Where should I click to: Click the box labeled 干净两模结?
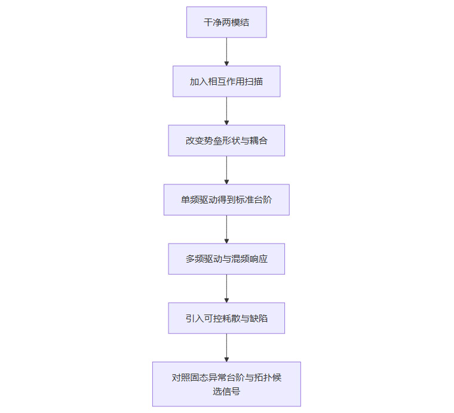click(x=226, y=22)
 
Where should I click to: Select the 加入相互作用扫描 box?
click(x=226, y=81)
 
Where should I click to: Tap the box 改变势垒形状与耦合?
click(x=226, y=140)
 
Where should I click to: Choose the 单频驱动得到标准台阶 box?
click(x=226, y=199)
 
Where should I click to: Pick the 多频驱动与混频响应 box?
click(x=226, y=258)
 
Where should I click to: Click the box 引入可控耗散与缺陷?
click(x=226, y=318)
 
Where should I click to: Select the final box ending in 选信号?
click(x=226, y=384)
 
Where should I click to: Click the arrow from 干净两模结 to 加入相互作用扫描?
click(x=226, y=51)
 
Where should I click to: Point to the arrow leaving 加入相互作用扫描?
click(x=226, y=110)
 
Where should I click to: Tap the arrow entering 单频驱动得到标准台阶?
click(x=226, y=169)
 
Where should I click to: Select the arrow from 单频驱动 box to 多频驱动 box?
click(x=226, y=229)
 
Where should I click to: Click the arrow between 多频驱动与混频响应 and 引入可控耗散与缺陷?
click(x=226, y=288)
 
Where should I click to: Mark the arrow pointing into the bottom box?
click(x=226, y=347)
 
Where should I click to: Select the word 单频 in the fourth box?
click(x=190, y=199)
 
